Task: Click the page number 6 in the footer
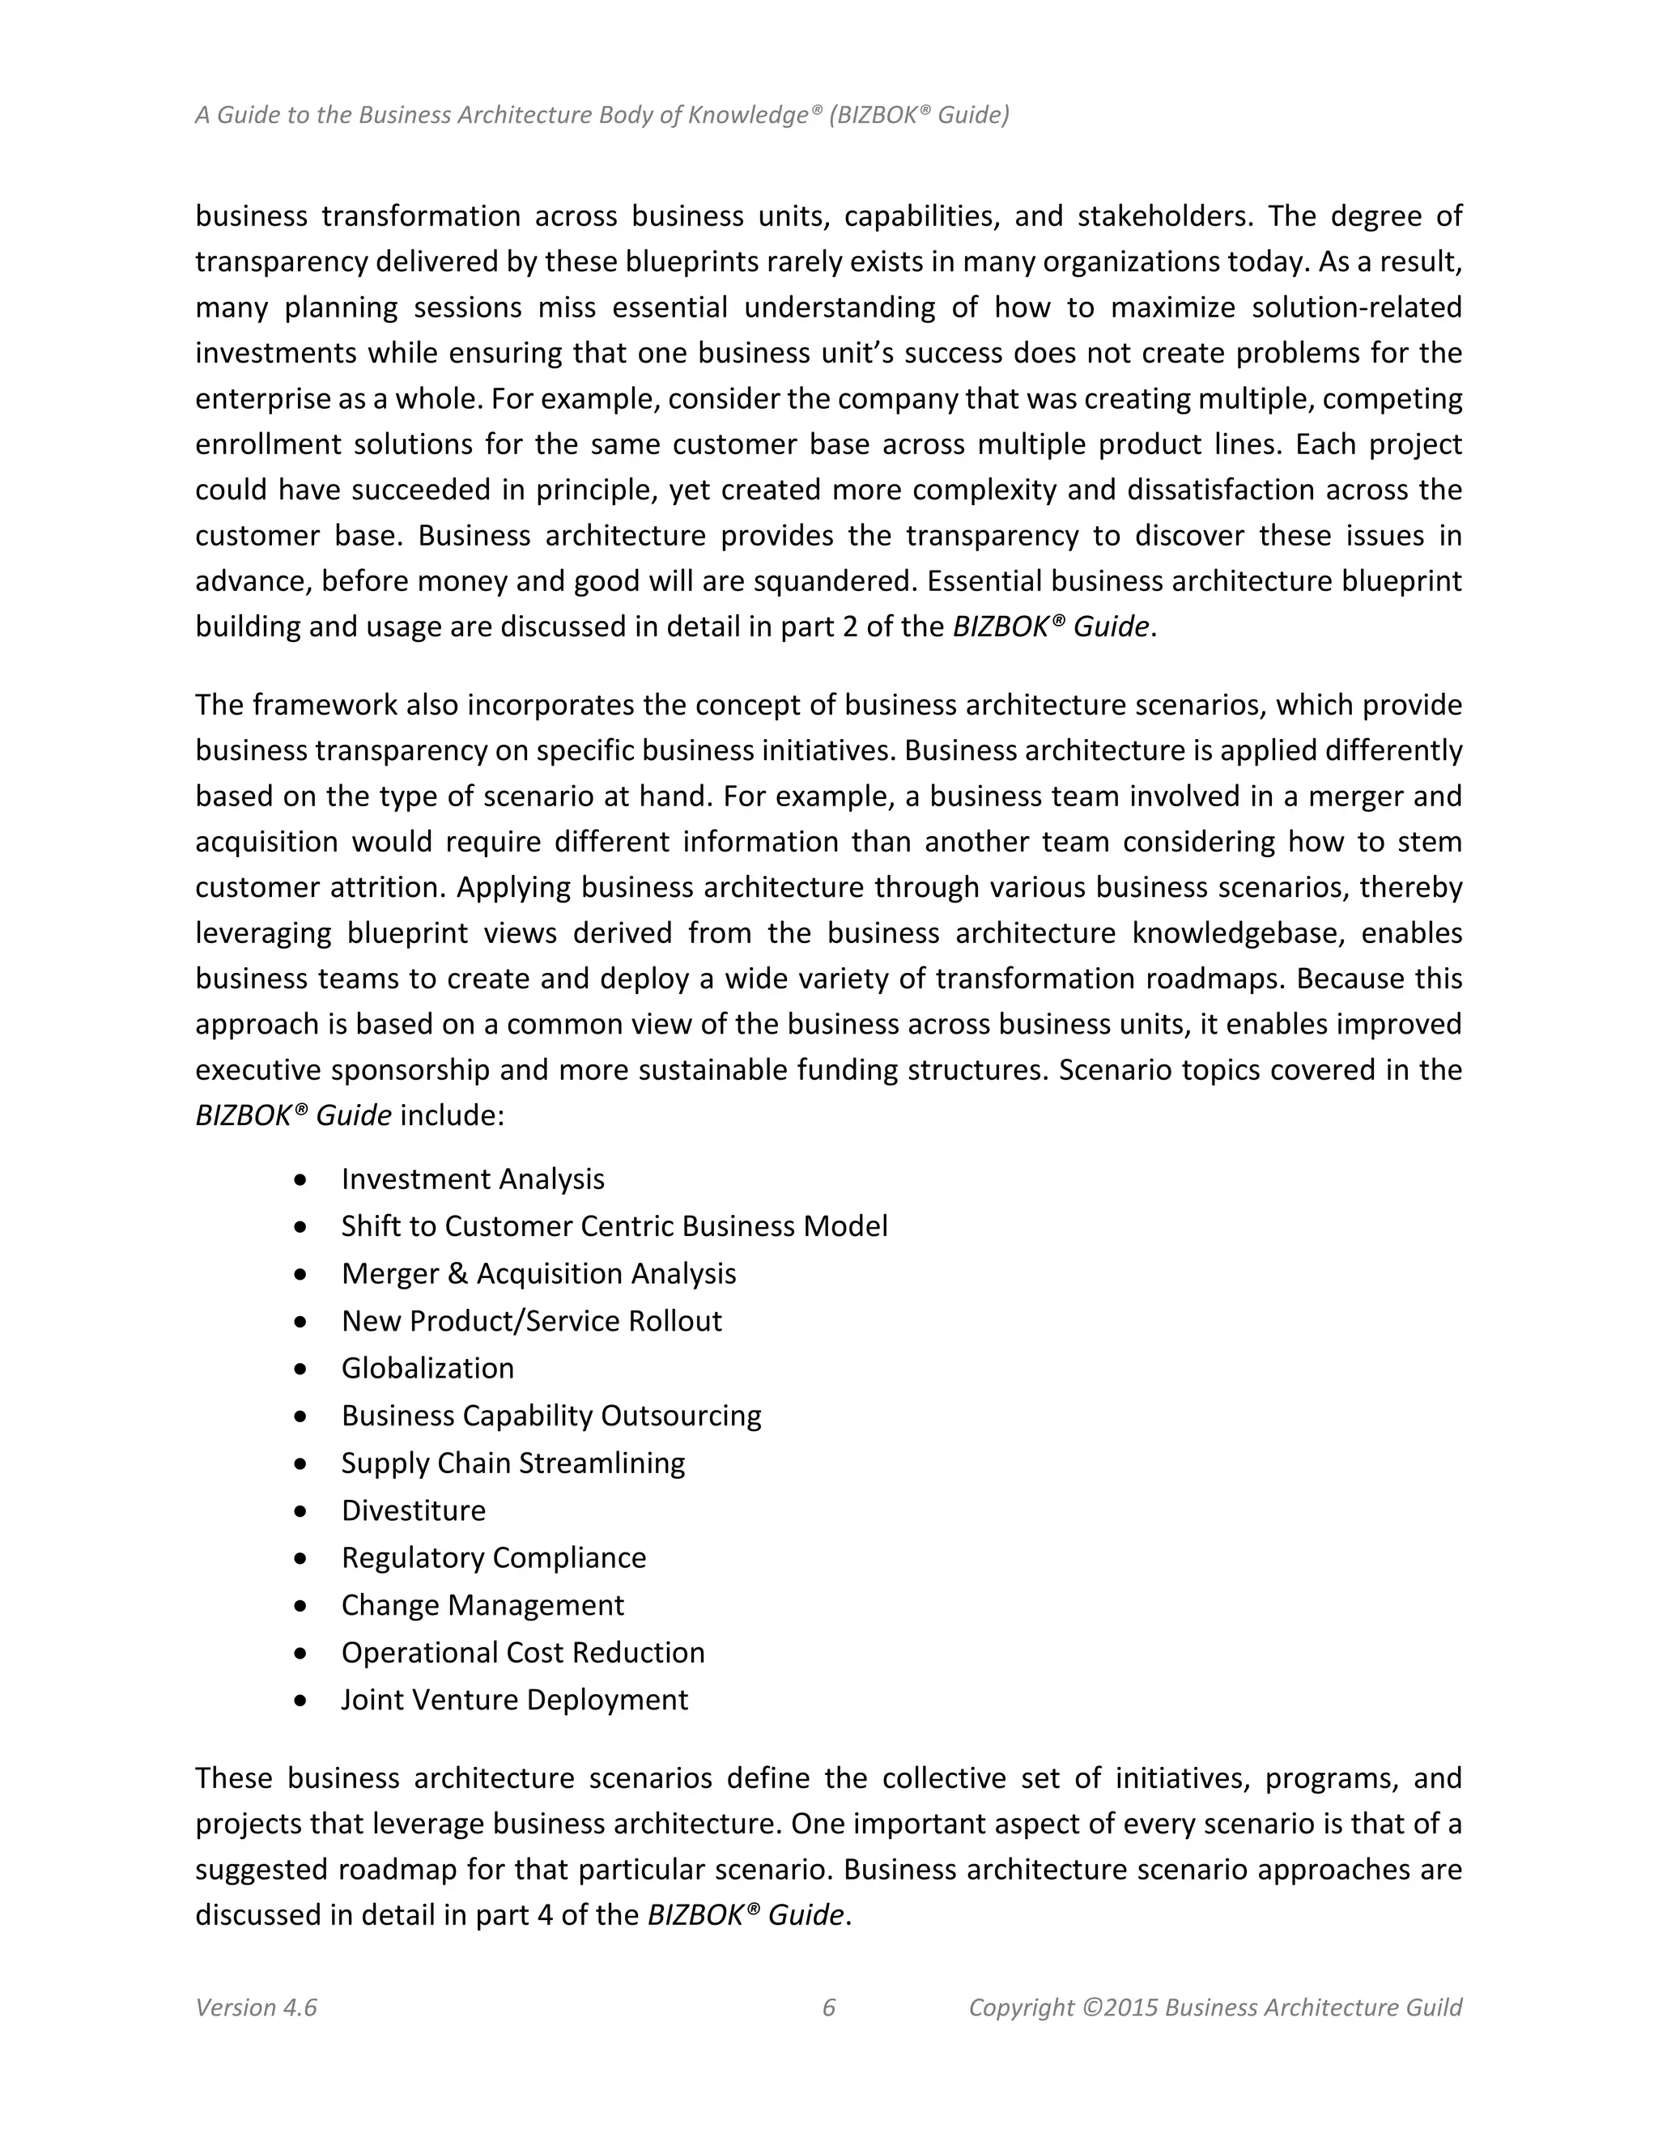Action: click(828, 2007)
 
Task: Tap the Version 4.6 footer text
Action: click(255, 2007)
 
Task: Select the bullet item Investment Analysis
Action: click(473, 1179)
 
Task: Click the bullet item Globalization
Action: click(427, 1368)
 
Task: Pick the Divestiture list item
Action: click(414, 1510)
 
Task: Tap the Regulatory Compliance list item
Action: click(493, 1557)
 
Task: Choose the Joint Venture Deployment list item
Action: click(515, 1699)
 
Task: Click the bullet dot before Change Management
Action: click(300, 1606)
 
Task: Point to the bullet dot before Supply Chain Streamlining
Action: click(300, 1464)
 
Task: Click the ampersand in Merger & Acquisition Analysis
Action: click(457, 1274)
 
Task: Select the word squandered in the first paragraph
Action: click(834, 581)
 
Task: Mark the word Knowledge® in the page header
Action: click(754, 115)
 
